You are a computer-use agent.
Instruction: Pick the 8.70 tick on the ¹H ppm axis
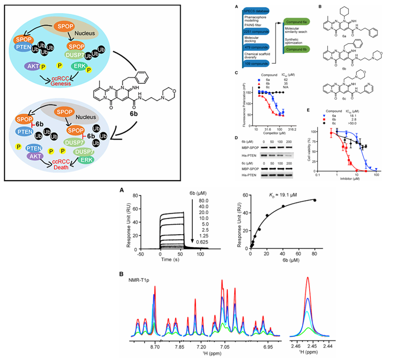pos(155,346)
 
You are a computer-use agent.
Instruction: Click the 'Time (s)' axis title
pos(169,261)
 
